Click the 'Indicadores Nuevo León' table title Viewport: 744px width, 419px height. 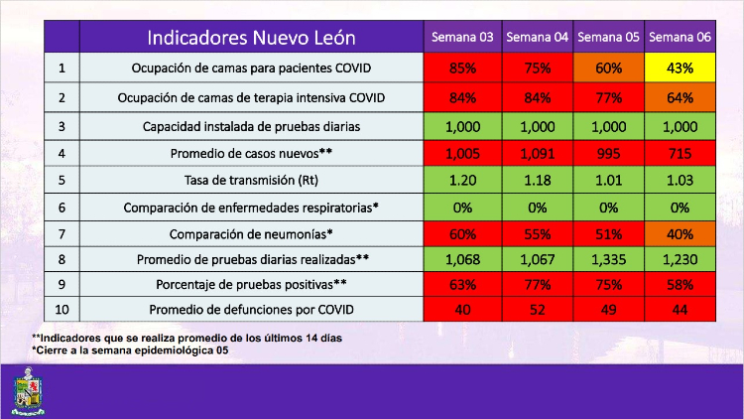pos(251,38)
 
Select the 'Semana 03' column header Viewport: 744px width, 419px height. pos(461,38)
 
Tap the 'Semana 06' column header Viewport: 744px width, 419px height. pos(680,38)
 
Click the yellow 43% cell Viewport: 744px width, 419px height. pos(680,69)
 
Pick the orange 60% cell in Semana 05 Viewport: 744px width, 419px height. pos(608,69)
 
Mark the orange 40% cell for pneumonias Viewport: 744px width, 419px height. pos(680,234)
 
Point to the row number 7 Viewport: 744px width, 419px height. pos(62,234)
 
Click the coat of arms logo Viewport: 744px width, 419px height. pos(28,390)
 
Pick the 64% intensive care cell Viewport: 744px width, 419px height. pos(680,97)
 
